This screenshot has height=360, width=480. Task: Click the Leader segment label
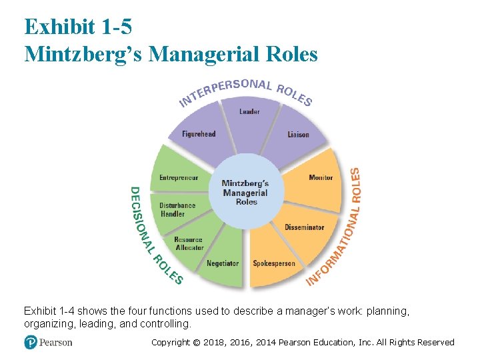[x=249, y=111]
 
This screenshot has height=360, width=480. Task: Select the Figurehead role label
[x=199, y=134]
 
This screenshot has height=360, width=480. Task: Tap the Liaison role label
[x=298, y=135]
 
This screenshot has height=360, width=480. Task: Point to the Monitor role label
[x=321, y=178]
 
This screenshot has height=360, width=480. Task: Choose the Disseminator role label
[x=304, y=227]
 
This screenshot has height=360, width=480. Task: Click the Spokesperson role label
[x=273, y=263]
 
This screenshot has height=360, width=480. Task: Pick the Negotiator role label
[x=223, y=263]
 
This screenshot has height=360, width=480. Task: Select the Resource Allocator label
[x=189, y=244]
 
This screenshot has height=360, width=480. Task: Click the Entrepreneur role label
[x=179, y=178]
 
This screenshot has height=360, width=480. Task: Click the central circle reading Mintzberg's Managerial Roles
[x=245, y=193]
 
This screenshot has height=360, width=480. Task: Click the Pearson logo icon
[x=31, y=342]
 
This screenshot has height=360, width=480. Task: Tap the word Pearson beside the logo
[x=55, y=343]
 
